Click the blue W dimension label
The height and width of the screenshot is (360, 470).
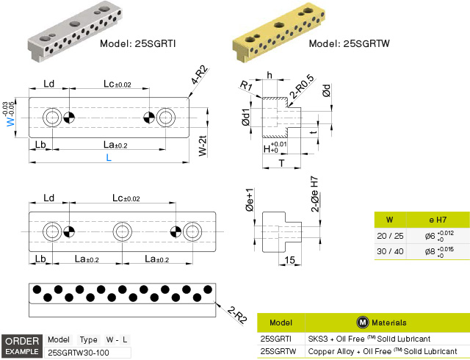coord(10,121)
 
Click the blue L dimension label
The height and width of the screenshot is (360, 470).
coord(109,157)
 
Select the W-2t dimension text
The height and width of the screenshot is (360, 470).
coord(203,146)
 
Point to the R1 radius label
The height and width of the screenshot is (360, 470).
coord(246,86)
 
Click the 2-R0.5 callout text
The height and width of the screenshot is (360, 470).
coord(302,87)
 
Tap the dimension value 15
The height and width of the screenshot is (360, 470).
coord(289,260)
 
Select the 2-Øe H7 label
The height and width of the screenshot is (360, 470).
coord(315,194)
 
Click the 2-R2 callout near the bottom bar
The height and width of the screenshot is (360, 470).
coord(237,314)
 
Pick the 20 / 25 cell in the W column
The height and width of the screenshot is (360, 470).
coord(390,236)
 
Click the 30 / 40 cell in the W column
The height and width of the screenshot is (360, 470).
coord(390,251)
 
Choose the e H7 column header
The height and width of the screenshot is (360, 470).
coord(438,220)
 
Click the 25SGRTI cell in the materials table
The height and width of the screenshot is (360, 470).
coord(276,339)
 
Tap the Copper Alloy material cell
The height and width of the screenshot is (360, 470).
coord(383,351)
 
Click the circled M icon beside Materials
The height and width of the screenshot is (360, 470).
coord(363,323)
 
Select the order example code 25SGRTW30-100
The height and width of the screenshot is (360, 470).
coord(79,353)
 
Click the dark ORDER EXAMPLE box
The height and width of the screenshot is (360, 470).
coord(22,346)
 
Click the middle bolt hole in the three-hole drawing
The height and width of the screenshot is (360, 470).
coord(122,231)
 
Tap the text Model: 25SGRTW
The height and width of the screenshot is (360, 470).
coord(350,44)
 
